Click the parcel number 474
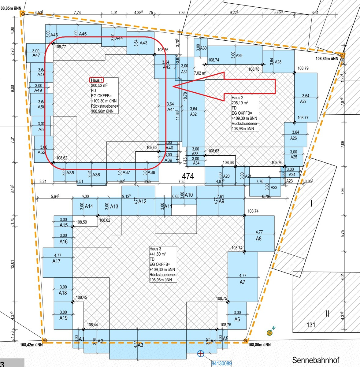[188, 176]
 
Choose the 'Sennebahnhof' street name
[316, 360]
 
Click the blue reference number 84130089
[222, 363]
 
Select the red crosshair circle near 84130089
[201, 354]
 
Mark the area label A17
[57, 261]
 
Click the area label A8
[259, 239]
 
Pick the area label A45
[83, 34]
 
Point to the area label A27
[303, 101]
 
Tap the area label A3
[140, 345]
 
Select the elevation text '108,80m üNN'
[259, 345]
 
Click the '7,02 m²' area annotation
[200, 73]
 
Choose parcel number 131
[311, 325]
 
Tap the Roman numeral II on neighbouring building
[327, 313]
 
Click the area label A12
[143, 201]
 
